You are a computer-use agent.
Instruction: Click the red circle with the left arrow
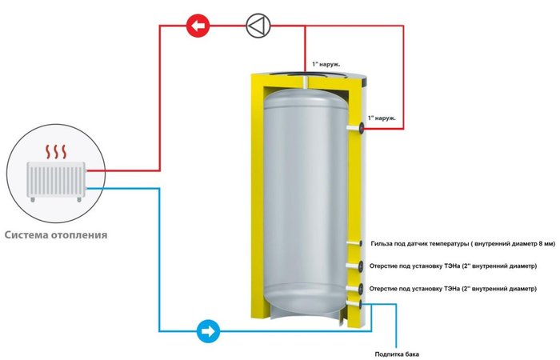[197, 26]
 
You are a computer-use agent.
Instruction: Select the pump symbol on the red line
[257, 26]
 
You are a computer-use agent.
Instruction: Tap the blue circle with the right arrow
[207, 330]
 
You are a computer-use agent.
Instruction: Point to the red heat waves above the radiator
[54, 150]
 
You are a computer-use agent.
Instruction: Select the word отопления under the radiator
[81, 235]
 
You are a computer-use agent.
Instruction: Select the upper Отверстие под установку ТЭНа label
[454, 266]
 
